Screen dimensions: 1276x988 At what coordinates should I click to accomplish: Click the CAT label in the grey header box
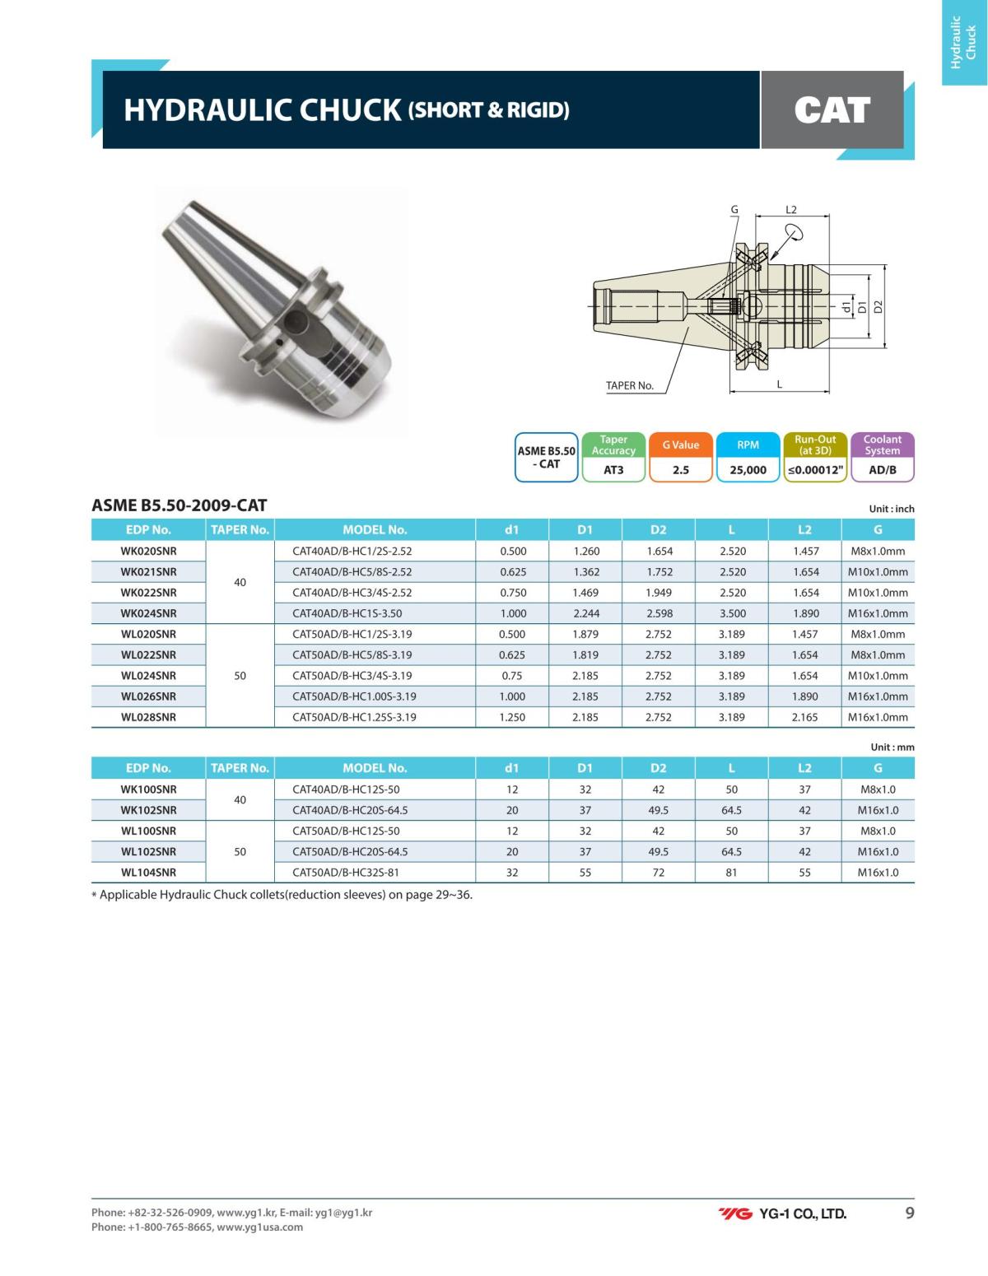pyautogui.click(x=832, y=109)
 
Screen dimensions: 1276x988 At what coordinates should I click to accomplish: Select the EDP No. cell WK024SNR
pyautogui.click(x=148, y=613)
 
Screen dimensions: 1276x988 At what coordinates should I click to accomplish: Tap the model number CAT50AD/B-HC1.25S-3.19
pyautogui.click(x=354, y=717)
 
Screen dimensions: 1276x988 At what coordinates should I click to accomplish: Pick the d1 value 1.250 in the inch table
pyautogui.click(x=512, y=717)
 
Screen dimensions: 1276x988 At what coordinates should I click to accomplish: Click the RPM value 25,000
pyautogui.click(x=748, y=470)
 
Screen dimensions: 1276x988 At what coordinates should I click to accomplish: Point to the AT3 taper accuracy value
pyautogui.click(x=613, y=470)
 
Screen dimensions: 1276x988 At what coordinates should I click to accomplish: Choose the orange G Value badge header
pyautogui.click(x=680, y=445)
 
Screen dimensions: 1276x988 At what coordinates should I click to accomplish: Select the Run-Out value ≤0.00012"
pyautogui.click(x=815, y=470)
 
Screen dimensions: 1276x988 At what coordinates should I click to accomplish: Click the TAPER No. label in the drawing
pyautogui.click(x=629, y=385)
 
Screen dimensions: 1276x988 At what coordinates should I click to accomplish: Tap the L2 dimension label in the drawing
pyautogui.click(x=791, y=210)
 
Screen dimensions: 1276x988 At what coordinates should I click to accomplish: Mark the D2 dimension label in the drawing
pyautogui.click(x=878, y=306)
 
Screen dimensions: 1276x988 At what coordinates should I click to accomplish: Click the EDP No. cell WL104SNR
pyautogui.click(x=148, y=873)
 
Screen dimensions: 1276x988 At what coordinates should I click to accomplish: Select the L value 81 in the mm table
pyautogui.click(x=731, y=873)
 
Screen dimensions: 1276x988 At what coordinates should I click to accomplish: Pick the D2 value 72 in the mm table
pyautogui.click(x=658, y=873)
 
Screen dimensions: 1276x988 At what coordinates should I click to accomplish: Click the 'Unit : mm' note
pyautogui.click(x=892, y=747)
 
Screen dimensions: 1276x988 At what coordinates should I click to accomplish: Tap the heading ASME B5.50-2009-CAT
pyautogui.click(x=179, y=505)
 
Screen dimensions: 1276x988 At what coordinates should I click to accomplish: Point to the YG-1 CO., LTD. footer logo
pyautogui.click(x=782, y=1213)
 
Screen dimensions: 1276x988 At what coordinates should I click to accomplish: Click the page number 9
pyautogui.click(x=909, y=1213)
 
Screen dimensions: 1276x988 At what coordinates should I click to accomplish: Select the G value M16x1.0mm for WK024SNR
pyautogui.click(x=878, y=613)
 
